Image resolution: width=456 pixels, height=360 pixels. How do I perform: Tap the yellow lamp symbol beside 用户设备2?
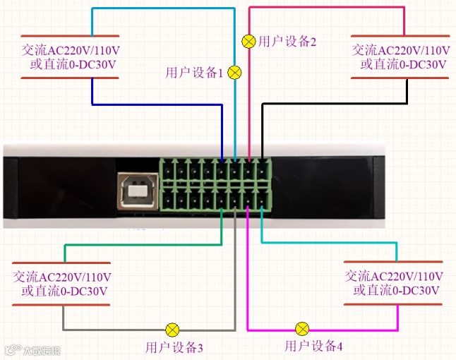(x=248, y=41)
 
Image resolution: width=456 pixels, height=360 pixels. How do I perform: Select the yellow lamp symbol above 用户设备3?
(x=172, y=330)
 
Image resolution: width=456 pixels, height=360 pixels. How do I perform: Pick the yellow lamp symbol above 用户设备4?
(x=302, y=329)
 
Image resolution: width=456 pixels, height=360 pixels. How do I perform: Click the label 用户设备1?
(x=194, y=72)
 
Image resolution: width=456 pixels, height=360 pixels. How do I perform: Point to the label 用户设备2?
(x=287, y=41)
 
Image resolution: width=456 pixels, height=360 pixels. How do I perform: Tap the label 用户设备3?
(x=174, y=347)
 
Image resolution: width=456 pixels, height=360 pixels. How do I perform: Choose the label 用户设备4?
(x=313, y=346)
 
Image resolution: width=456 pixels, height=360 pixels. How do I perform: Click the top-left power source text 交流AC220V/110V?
(x=69, y=50)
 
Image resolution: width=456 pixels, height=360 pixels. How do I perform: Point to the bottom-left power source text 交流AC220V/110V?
(x=62, y=276)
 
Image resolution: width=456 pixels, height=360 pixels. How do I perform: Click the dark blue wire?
(x=155, y=105)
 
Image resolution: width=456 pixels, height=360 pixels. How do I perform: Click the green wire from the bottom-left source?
(x=141, y=245)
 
